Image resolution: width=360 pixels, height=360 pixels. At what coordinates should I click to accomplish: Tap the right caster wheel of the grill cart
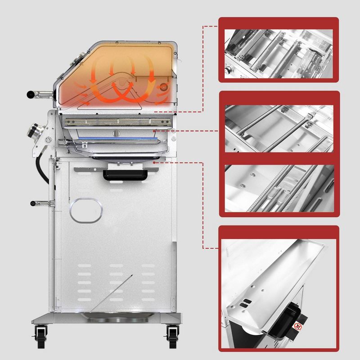pyautogui.click(x=171, y=335)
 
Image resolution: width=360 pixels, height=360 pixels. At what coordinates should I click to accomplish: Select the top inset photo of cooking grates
pyautogui.click(x=279, y=49)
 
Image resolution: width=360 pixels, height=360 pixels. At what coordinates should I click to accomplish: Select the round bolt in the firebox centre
pyautogui.click(x=116, y=132)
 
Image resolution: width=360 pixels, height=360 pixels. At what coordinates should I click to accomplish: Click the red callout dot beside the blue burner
pyautogui.click(x=155, y=130)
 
